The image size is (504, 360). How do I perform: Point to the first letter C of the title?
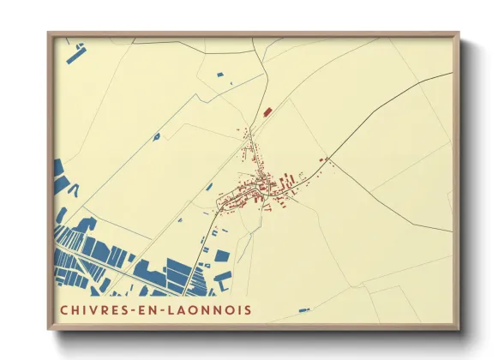63,309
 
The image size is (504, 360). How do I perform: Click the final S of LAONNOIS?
248,309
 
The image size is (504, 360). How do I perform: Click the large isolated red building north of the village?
267,111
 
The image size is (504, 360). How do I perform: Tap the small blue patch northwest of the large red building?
220,75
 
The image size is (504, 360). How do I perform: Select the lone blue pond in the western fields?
156,135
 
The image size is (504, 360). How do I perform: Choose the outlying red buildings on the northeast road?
323,159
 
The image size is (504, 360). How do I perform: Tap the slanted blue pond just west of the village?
209,186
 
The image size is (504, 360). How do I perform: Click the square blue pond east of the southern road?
222,255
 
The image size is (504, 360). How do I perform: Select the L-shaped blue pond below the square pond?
223,277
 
